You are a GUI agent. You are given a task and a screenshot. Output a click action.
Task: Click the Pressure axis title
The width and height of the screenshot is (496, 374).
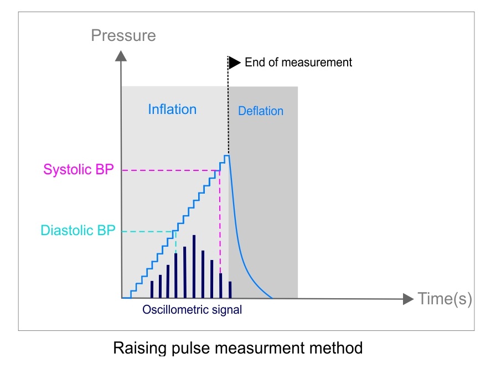[x=123, y=37]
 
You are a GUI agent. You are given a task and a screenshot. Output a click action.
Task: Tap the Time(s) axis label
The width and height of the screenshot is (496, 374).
[x=445, y=299]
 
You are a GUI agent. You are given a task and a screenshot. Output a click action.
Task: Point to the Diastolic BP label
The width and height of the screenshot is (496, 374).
[x=78, y=231]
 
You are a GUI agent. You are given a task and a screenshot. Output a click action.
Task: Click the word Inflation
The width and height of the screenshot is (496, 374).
[x=172, y=110]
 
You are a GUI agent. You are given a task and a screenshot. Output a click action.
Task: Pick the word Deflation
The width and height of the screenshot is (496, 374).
[x=261, y=111]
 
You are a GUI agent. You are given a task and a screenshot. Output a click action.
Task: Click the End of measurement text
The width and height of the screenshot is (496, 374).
[x=298, y=62]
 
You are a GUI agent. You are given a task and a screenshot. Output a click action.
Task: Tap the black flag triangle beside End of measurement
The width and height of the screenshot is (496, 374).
[x=235, y=62]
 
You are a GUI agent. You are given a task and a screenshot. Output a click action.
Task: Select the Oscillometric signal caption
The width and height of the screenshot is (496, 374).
[x=192, y=310]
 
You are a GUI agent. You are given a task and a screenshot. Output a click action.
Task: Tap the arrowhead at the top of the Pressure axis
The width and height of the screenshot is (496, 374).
[x=121, y=55]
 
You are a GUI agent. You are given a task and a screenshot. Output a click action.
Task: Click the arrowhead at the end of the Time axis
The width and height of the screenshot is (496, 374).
[x=409, y=299]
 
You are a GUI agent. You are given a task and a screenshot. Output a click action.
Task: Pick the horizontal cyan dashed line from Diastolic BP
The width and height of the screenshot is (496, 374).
[x=147, y=231]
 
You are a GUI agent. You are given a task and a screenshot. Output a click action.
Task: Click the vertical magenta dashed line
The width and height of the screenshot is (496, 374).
[x=220, y=221]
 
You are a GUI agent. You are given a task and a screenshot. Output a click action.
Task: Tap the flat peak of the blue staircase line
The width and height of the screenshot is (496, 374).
[x=227, y=156]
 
